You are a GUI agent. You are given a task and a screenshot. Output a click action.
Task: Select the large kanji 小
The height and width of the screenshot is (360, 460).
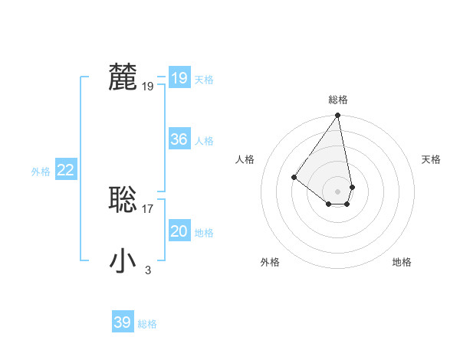click(x=123, y=260)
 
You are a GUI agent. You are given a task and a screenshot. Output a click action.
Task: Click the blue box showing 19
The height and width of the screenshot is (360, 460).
click(x=179, y=77)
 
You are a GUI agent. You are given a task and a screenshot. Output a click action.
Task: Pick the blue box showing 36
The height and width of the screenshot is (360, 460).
click(x=179, y=139)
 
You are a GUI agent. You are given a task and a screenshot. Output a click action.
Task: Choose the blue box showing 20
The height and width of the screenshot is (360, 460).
click(x=179, y=231)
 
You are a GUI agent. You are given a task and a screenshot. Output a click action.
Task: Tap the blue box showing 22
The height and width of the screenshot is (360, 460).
click(x=65, y=170)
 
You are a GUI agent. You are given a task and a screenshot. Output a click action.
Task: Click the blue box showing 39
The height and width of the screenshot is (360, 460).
click(x=122, y=322)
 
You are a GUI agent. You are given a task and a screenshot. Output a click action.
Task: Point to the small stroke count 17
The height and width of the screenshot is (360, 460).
click(x=148, y=208)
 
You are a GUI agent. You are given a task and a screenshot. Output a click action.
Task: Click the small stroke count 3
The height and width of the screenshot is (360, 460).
click(x=148, y=270)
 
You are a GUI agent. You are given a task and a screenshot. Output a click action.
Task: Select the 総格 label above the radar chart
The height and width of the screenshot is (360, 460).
click(x=338, y=100)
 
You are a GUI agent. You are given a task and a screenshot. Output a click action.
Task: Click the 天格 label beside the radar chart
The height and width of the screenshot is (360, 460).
click(x=431, y=159)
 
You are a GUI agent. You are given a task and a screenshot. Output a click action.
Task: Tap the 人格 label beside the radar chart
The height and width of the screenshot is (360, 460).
click(x=245, y=159)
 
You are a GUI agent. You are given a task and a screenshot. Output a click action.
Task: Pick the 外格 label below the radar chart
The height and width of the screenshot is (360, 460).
click(x=270, y=262)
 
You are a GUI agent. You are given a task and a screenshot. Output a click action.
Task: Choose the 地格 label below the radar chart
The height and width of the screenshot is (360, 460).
click(x=402, y=262)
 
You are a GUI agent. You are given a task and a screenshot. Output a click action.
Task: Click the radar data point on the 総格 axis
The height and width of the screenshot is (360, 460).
click(x=338, y=116)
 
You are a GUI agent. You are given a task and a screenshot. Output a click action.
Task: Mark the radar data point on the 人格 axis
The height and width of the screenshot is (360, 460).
click(x=294, y=177)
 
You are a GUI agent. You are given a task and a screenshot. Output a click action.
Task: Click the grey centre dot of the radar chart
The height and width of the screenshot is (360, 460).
click(x=338, y=191)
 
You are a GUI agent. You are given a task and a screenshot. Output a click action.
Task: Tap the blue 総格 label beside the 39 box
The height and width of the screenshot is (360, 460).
click(x=147, y=324)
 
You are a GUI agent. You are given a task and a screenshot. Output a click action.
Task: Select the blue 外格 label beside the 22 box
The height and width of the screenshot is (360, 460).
click(x=41, y=172)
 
